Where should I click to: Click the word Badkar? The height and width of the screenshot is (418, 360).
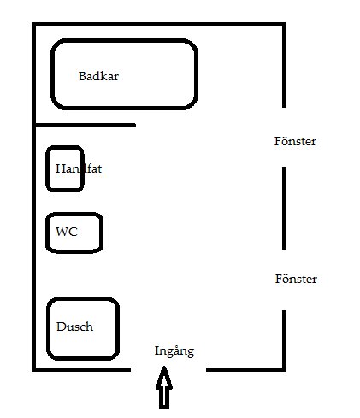(x=98, y=76)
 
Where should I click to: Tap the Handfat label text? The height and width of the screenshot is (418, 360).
(x=79, y=168)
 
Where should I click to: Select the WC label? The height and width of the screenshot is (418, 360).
(x=67, y=232)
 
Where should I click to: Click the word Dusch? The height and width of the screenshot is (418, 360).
(x=74, y=327)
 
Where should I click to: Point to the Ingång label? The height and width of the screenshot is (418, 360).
(x=174, y=351)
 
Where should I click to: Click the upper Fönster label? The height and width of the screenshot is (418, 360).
(x=295, y=141)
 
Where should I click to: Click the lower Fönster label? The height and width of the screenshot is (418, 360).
(x=296, y=279)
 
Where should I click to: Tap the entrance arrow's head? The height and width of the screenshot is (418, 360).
(x=164, y=377)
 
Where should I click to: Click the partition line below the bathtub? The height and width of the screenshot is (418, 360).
(x=85, y=125)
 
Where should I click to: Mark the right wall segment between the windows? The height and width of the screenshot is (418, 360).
(x=284, y=209)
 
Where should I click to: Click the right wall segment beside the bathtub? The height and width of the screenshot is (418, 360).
(x=284, y=65)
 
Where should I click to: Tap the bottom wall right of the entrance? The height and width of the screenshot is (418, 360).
(x=246, y=369)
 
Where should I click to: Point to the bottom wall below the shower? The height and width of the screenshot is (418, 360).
(x=81, y=369)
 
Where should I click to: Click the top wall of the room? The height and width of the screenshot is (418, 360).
(x=159, y=25)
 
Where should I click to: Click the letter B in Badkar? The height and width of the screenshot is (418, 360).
(x=82, y=76)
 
